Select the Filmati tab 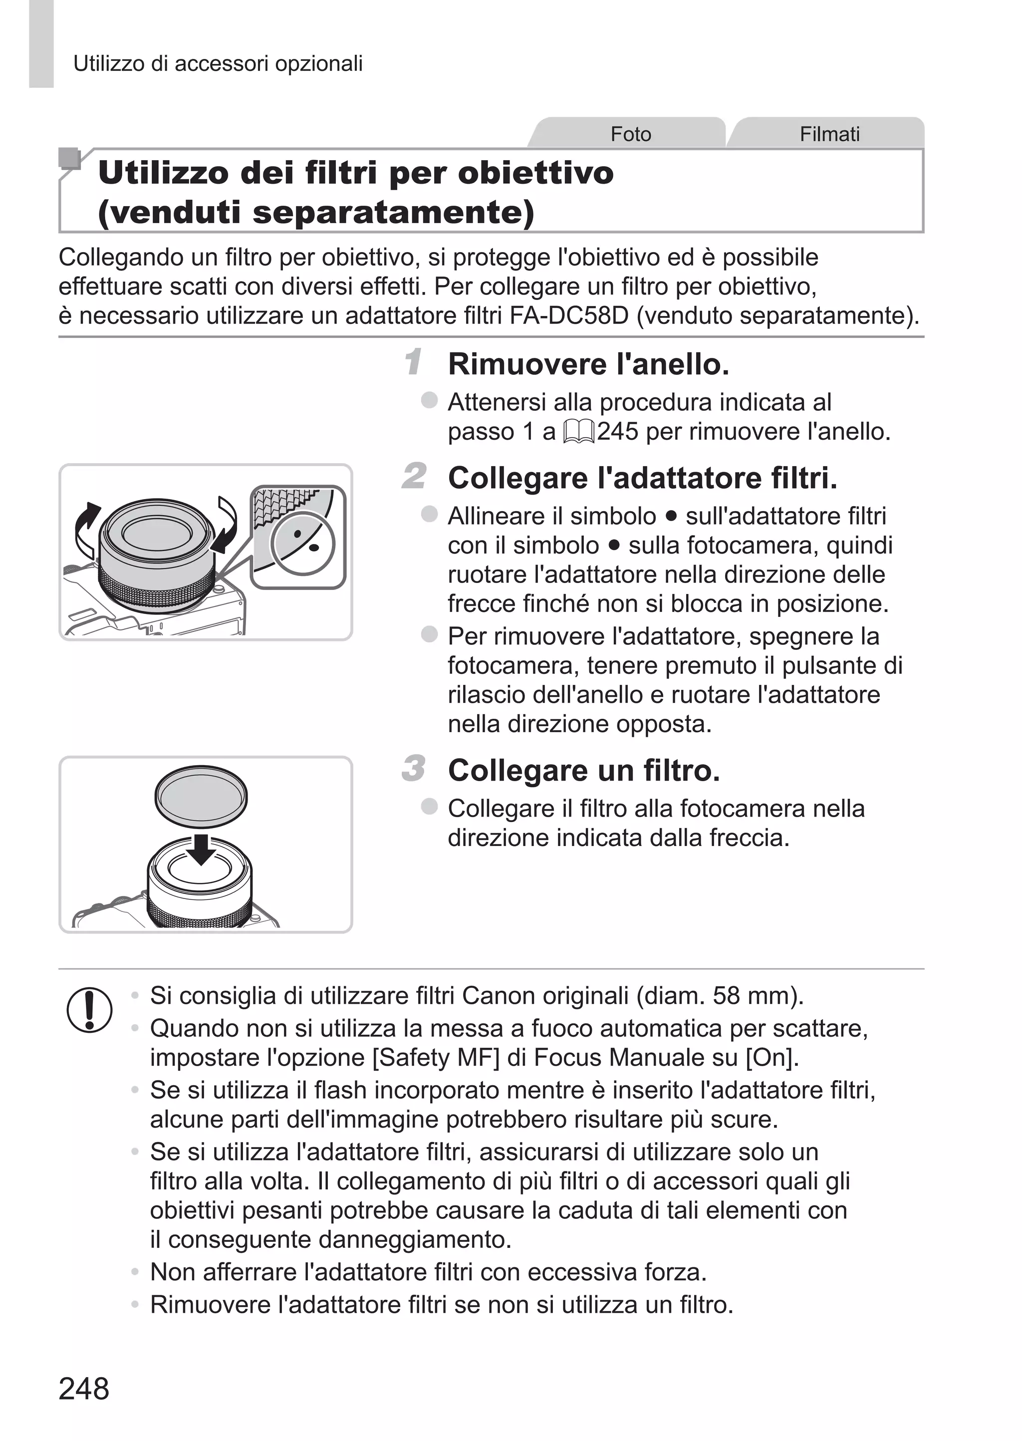(829, 134)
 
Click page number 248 (84, 1388)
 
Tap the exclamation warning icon (89, 1009)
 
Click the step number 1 (414, 362)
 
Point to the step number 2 (414, 476)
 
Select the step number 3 (414, 768)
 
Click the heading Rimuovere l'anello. (588, 364)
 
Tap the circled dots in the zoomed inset (303, 543)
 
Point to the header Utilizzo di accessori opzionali (218, 63)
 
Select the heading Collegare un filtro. (583, 770)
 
